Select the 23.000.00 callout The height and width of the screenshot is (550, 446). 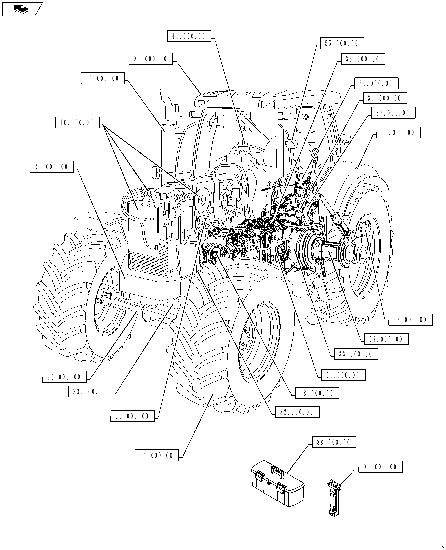(90, 392)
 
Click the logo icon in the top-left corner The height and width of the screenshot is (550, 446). (21, 9)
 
